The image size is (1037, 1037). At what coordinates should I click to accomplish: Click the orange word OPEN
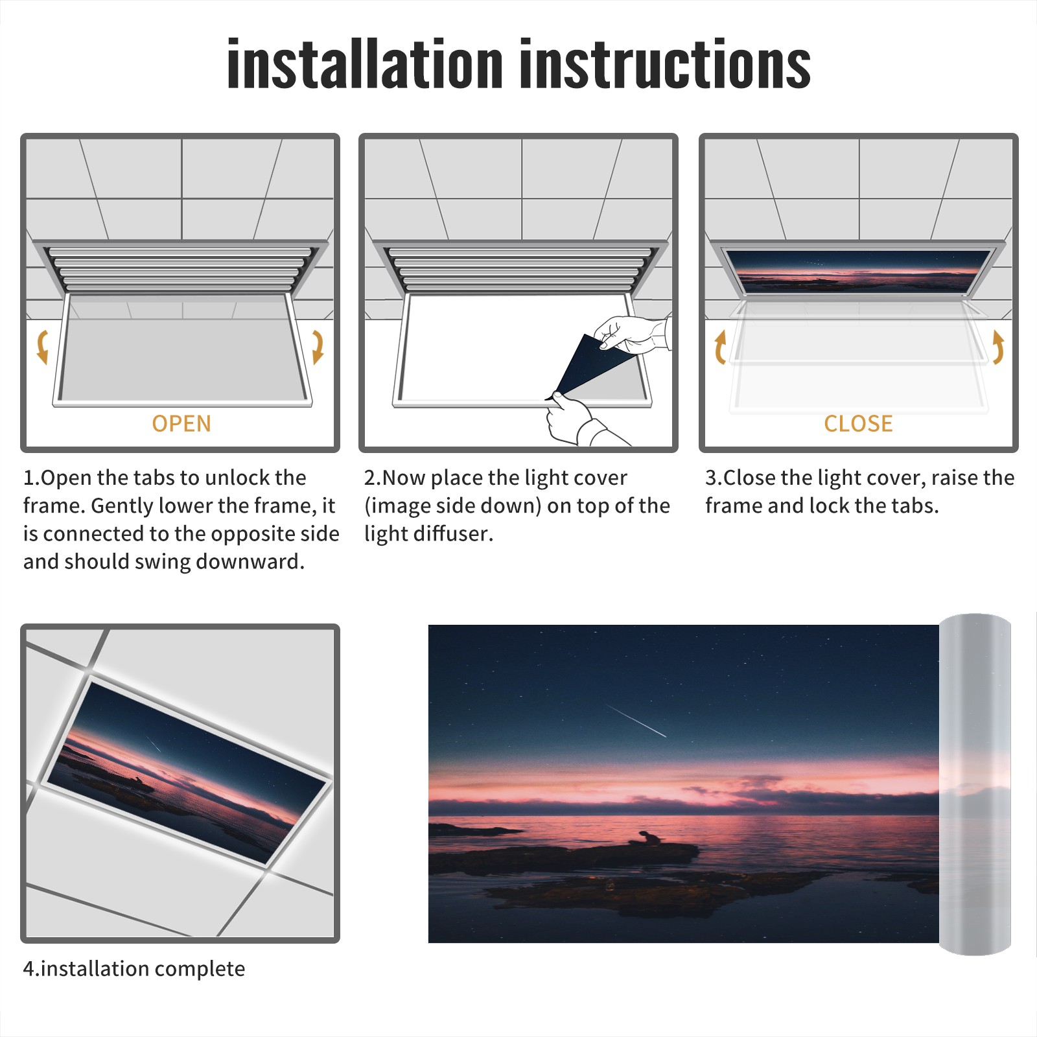[181, 423]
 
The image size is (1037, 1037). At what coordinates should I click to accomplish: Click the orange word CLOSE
[858, 423]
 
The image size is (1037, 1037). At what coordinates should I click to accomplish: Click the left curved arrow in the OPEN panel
[42, 347]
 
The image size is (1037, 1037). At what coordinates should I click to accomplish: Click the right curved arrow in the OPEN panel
[318, 347]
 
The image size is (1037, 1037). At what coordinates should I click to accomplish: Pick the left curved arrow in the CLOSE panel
[720, 347]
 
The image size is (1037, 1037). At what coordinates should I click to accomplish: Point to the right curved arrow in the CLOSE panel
[998, 347]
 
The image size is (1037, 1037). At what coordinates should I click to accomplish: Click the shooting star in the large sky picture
[636, 721]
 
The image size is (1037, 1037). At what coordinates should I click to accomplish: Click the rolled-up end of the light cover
[975, 784]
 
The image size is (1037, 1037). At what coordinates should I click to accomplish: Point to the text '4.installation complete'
[134, 969]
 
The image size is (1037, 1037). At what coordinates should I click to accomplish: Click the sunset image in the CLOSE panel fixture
[857, 271]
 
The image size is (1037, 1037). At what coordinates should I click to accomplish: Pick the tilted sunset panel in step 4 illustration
[187, 771]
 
